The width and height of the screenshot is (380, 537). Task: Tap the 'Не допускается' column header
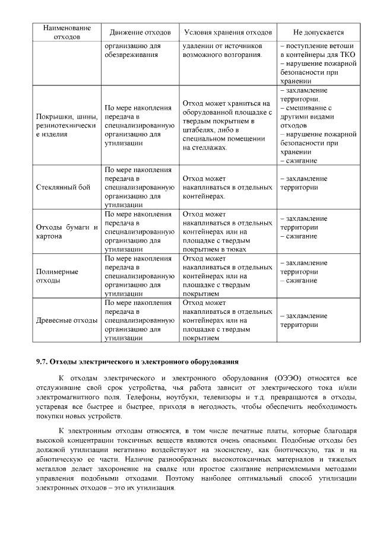point(318,31)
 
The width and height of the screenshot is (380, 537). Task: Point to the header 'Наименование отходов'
point(66,31)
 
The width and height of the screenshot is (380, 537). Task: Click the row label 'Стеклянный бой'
point(64,187)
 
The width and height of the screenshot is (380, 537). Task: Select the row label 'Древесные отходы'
point(66,320)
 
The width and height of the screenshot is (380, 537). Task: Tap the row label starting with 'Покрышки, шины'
point(66,125)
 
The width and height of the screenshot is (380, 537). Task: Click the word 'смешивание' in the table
point(308,108)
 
